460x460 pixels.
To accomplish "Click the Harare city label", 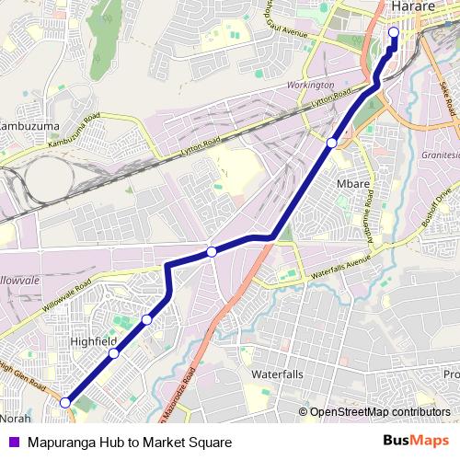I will coord(413,7).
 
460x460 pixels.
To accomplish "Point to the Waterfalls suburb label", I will coord(277,375).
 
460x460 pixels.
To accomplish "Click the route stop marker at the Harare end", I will coord(394,33).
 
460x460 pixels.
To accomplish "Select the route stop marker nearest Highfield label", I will coord(114,353).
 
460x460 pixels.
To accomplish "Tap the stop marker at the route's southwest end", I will coord(65,402).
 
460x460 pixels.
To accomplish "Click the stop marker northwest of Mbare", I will coord(331,143).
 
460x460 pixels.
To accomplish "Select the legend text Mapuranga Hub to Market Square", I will coord(129,442).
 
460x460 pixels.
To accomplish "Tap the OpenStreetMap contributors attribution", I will coord(379,413).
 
